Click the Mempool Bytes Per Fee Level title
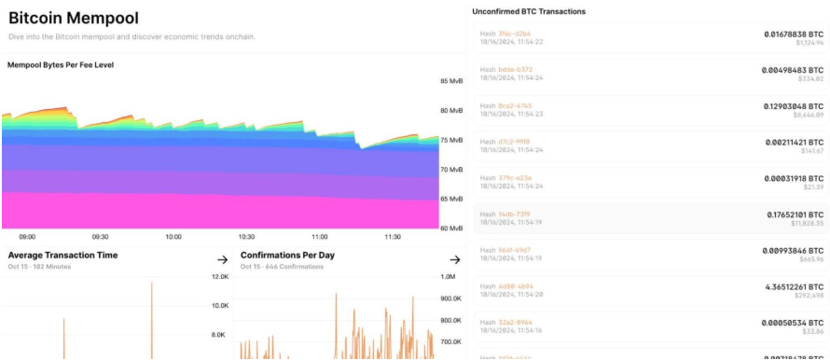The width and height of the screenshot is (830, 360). (x=61, y=65)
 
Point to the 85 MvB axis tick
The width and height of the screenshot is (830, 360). (x=450, y=81)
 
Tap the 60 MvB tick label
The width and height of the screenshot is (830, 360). (x=450, y=228)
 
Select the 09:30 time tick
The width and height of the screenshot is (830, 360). (x=100, y=237)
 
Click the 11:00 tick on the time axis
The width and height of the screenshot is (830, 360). (x=320, y=237)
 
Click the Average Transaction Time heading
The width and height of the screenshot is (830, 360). (x=62, y=255)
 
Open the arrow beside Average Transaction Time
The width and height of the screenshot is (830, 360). (x=222, y=259)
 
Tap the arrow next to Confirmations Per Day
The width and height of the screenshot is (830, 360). (x=454, y=259)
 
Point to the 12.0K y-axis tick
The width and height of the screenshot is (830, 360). (x=219, y=277)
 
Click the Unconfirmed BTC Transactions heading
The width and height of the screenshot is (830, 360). (x=529, y=11)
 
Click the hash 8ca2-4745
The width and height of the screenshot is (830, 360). (x=515, y=105)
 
